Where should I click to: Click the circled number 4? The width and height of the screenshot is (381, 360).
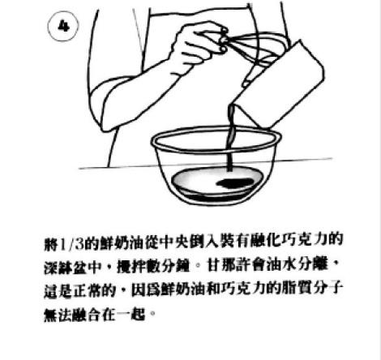[x=63, y=26]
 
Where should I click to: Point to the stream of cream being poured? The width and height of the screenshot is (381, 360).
[x=230, y=138]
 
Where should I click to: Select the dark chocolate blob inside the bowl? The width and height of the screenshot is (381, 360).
[x=234, y=183]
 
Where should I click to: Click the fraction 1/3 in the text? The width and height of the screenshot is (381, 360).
[x=71, y=245]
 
